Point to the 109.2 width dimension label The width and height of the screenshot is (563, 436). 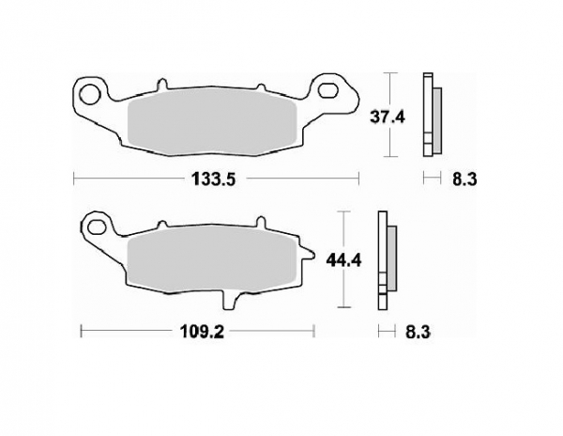[x=197, y=331]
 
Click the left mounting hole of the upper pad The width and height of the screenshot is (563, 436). [x=89, y=93]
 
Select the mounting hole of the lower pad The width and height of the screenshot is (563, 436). [x=96, y=226]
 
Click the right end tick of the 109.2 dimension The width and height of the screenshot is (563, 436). [x=313, y=331]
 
